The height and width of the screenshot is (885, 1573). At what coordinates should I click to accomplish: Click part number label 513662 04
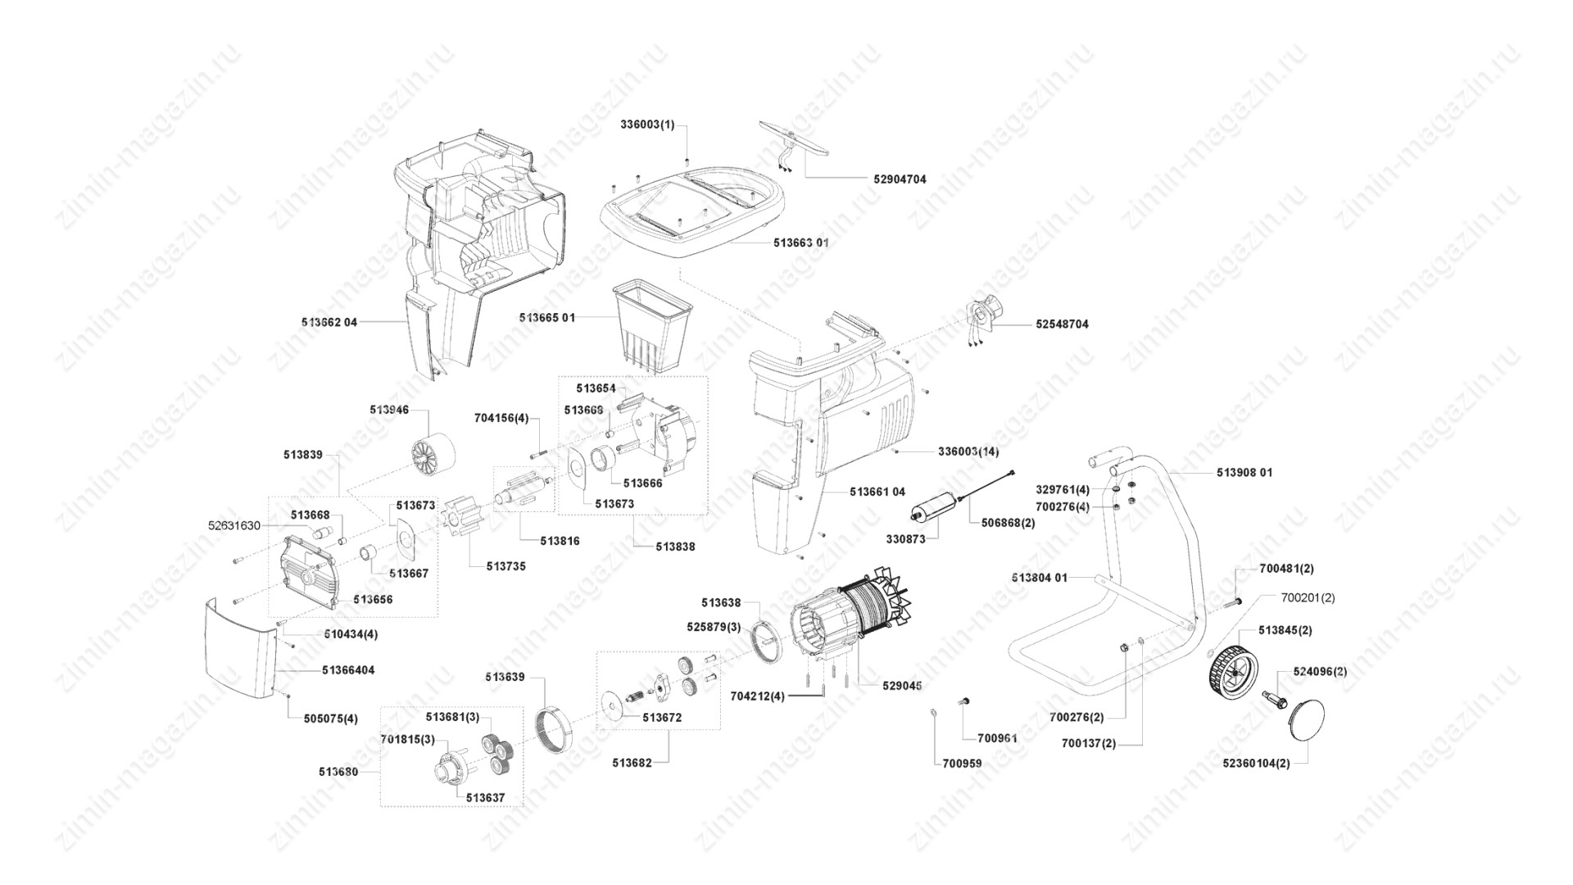pyautogui.click(x=329, y=323)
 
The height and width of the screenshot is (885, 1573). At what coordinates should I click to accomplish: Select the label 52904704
pyautogui.click(x=900, y=179)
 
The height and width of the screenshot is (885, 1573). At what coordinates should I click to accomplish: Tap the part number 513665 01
pyautogui.click(x=547, y=318)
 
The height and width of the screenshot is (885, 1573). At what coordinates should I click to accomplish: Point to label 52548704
pyautogui.click(x=1063, y=324)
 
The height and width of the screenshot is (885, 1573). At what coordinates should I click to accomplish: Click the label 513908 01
pyautogui.click(x=1244, y=473)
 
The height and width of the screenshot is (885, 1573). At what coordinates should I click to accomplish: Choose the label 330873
pyautogui.click(x=906, y=539)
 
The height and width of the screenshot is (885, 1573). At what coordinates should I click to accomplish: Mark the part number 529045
pyautogui.click(x=901, y=686)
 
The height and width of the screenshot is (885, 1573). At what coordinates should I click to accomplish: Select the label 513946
pyautogui.click(x=389, y=410)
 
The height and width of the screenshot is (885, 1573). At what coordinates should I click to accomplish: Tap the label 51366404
pyautogui.click(x=348, y=670)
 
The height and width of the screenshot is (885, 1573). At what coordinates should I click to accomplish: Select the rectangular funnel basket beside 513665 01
pyautogui.click(x=654, y=322)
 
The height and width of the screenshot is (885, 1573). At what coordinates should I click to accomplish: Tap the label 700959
pyautogui.click(x=962, y=764)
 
